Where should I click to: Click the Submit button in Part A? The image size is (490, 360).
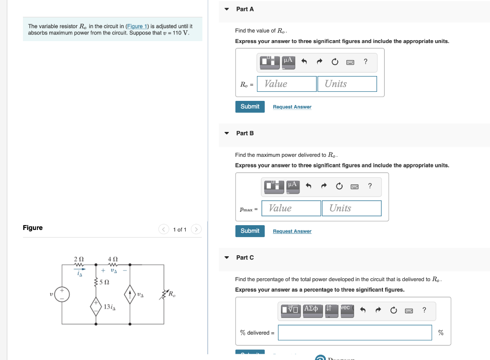pos(250,107)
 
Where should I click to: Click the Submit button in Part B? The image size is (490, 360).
pos(250,231)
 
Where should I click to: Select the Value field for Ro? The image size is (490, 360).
pos(287,84)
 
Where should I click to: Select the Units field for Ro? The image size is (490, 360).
pos(346,84)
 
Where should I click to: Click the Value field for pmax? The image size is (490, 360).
pos(291,208)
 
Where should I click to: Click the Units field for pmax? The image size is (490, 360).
pos(351,208)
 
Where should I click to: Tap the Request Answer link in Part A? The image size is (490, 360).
pos(292,107)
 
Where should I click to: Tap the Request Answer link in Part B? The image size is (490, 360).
pos(292,231)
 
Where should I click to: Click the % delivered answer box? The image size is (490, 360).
pos(355,333)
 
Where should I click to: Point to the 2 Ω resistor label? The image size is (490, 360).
pos(78,259)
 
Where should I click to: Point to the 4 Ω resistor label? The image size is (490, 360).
pos(113,259)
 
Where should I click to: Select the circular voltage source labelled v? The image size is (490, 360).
pos(62,294)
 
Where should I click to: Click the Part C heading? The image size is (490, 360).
pos(245,258)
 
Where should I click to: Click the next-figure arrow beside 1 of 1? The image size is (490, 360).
pos(196,230)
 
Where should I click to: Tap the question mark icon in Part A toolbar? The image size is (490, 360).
pos(366,61)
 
